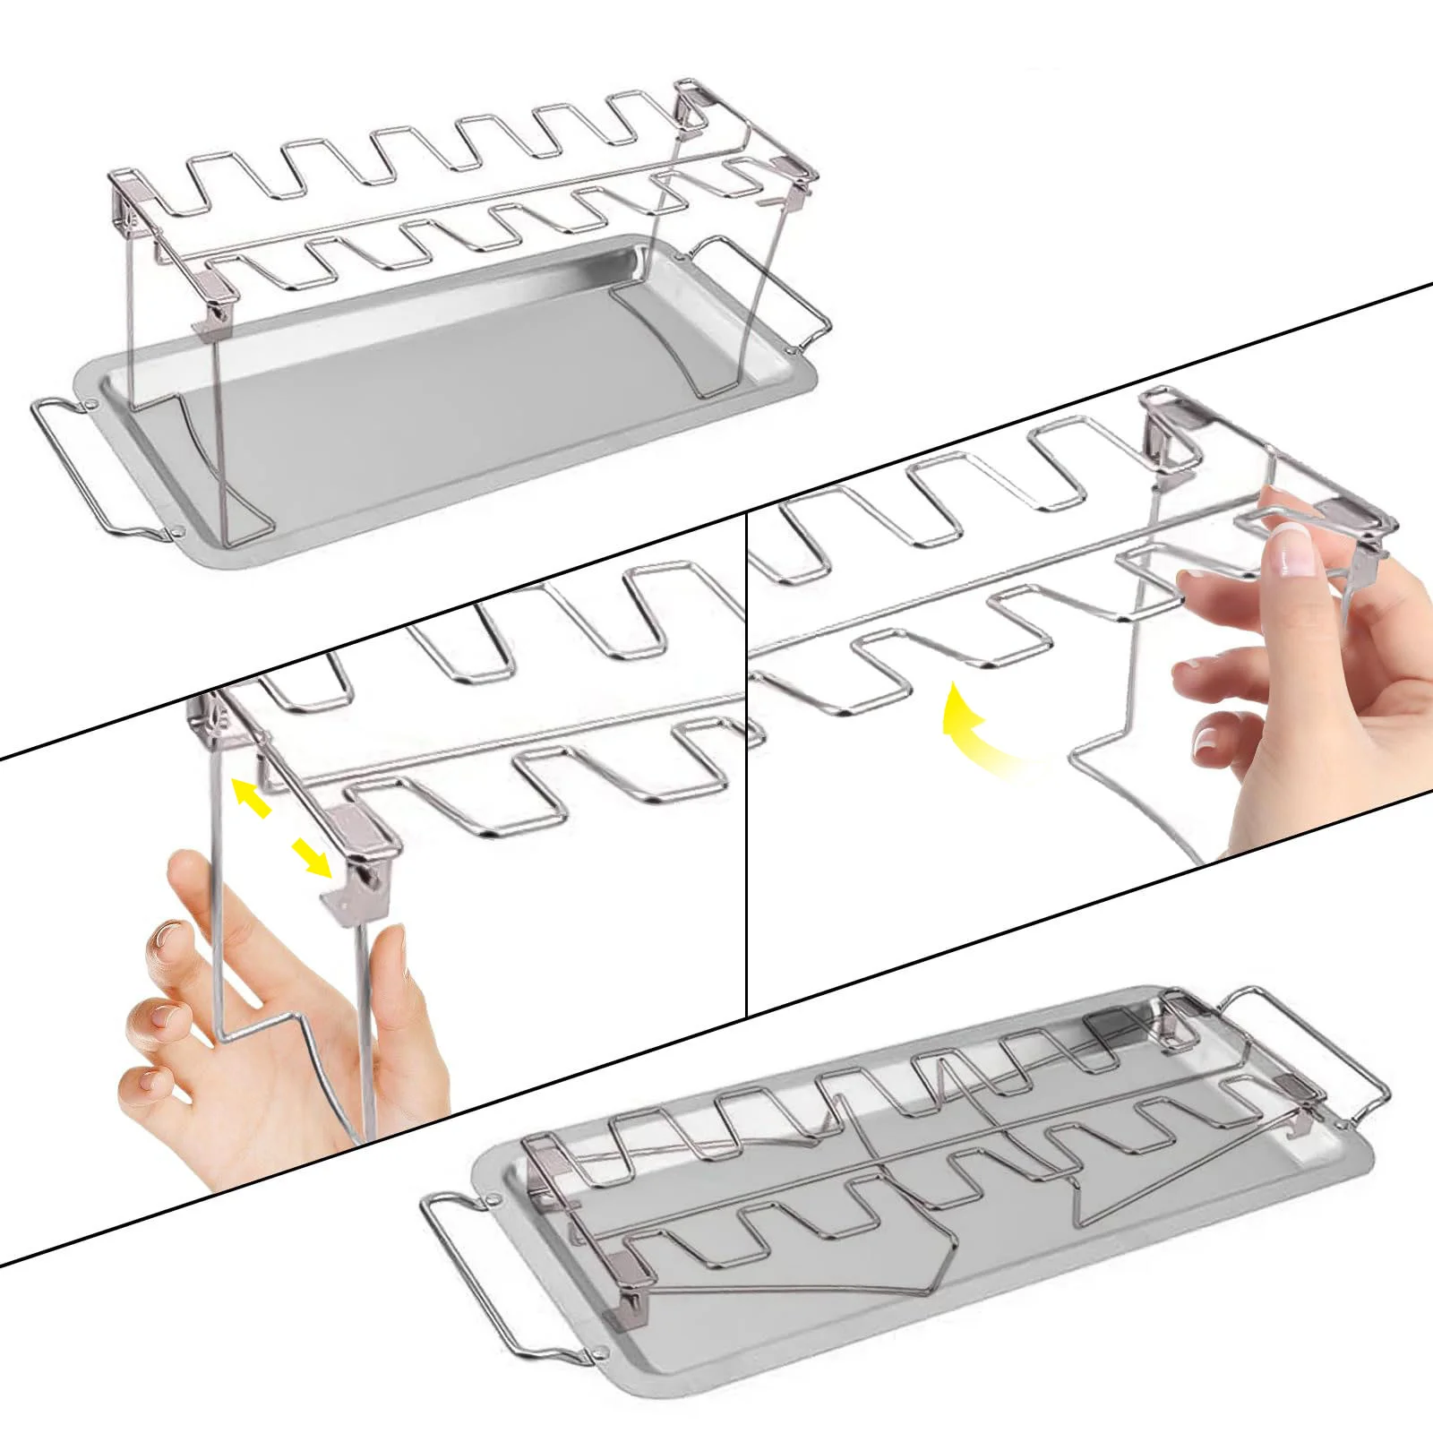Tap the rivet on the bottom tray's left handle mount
[492, 1200]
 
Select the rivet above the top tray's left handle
[92, 404]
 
